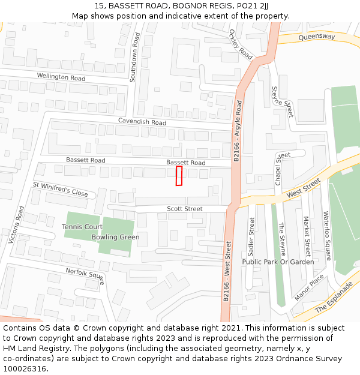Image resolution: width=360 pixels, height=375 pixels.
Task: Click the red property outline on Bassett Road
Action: tap(179, 176)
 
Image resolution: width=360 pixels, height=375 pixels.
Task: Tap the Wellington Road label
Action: tap(61, 77)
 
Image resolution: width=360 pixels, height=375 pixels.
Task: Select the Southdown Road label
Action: tap(136, 58)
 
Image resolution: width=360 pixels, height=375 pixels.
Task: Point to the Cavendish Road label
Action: tap(142, 122)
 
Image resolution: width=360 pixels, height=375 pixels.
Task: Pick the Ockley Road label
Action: tap(241, 45)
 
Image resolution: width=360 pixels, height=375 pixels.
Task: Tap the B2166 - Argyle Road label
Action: tap(238, 131)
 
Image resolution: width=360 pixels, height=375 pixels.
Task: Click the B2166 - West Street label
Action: tap(227, 272)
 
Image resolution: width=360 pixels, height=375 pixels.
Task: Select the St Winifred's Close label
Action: tap(60, 190)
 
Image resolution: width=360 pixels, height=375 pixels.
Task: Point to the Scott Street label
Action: tap(185, 209)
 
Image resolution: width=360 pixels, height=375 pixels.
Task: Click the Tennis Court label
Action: tap(82, 227)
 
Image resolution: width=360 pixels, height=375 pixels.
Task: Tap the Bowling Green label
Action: tap(115, 237)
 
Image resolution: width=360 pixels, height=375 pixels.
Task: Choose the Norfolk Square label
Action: tap(85, 276)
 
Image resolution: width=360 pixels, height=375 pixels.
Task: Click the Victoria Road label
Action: tap(16, 225)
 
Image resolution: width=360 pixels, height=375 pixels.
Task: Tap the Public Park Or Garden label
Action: tap(278, 262)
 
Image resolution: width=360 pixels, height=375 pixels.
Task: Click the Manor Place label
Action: tap(309, 287)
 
